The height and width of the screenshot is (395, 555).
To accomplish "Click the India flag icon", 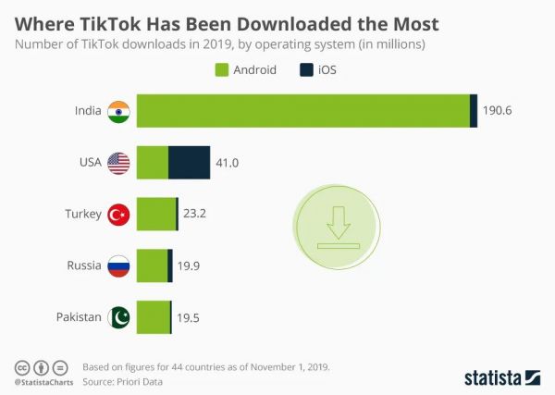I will pos(119,111).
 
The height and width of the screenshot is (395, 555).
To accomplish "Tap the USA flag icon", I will pos(119,163).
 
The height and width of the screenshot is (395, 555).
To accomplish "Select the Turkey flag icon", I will pos(119,214).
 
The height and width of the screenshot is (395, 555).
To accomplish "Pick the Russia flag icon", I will pos(119,265).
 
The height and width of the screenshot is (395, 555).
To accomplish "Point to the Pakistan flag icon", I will pos(119,317).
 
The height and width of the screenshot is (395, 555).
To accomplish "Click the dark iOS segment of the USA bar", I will pos(189,163).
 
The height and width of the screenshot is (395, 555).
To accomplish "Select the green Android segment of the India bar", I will pos(303,111).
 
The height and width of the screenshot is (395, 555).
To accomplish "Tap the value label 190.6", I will pos(498,111).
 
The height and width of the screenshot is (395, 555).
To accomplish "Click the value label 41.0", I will pos(228,163).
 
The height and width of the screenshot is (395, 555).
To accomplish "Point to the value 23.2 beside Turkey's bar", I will pos(194,214).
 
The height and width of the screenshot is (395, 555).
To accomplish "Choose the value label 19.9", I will pos(189,266).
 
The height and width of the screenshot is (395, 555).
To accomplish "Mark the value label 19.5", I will pos(188,318).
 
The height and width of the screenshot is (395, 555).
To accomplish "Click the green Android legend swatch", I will pos(221,69).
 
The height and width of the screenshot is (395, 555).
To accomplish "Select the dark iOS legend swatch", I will pos(307,69).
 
